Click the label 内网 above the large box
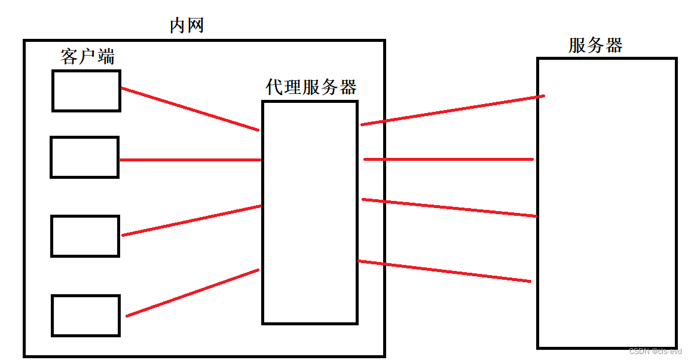(x=187, y=26)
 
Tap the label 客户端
(x=87, y=57)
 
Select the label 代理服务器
(x=311, y=87)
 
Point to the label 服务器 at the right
(x=595, y=45)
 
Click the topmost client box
(x=86, y=90)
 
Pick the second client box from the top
(x=84, y=157)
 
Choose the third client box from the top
(x=85, y=236)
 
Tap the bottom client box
(x=85, y=315)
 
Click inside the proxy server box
(x=310, y=212)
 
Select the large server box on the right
(x=607, y=203)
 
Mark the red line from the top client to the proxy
(x=190, y=109)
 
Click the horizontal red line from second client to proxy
(x=190, y=160)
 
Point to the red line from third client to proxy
(x=191, y=221)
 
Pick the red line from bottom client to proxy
(x=192, y=292)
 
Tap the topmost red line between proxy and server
(x=452, y=110)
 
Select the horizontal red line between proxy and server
(x=448, y=159)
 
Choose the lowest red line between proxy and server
(x=444, y=271)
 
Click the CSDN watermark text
(x=655, y=352)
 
